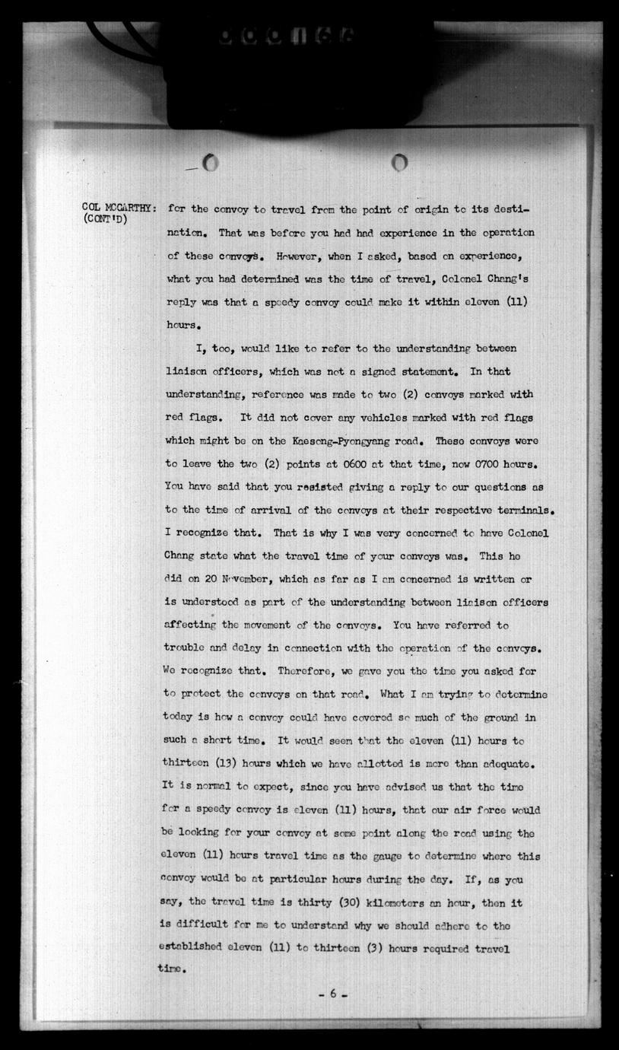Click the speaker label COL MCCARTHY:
coord(119,208)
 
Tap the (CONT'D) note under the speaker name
coord(105,220)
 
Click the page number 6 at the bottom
coord(332,993)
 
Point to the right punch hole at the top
coord(400,162)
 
